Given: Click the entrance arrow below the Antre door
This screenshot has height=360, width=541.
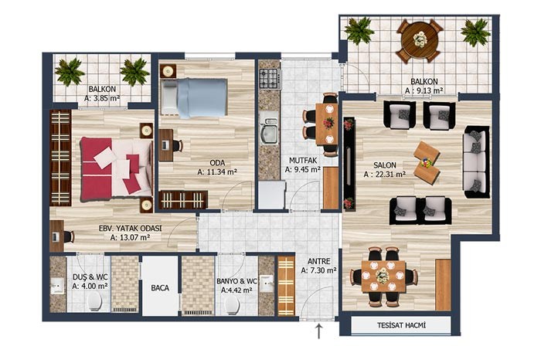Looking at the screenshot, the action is pyautogui.click(x=318, y=331).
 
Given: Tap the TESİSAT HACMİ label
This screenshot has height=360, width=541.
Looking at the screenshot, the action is pyautogui.click(x=401, y=325).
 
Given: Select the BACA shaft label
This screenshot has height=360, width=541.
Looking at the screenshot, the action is pyautogui.click(x=160, y=288).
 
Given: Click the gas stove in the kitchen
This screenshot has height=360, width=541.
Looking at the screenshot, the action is pyautogui.click(x=269, y=78).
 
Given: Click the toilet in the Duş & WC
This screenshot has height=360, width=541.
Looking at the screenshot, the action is pyautogui.click(x=94, y=302).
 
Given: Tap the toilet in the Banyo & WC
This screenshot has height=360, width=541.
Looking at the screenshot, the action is pyautogui.click(x=232, y=305).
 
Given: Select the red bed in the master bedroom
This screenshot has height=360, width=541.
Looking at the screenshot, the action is pyautogui.click(x=116, y=169).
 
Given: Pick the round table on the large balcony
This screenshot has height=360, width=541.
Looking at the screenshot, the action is pyautogui.click(x=420, y=40).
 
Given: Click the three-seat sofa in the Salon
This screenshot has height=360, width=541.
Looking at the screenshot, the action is pyautogui.click(x=476, y=161).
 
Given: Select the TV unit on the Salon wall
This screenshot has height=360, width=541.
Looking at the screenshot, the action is pyautogui.click(x=349, y=164).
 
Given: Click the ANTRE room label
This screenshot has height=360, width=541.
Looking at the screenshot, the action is pyautogui.click(x=318, y=261).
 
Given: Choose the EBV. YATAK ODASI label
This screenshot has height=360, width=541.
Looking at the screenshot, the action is pyautogui.click(x=130, y=228).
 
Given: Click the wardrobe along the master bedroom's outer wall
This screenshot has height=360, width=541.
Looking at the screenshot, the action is pyautogui.click(x=60, y=158).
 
